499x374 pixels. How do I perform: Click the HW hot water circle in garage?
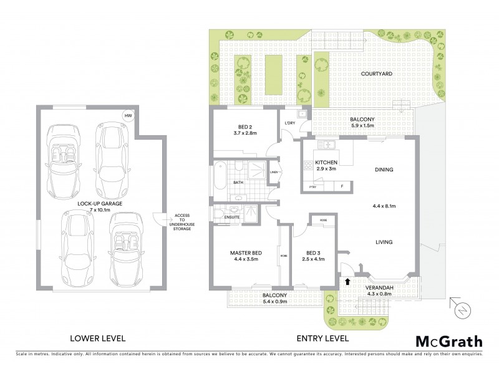pos(128,116)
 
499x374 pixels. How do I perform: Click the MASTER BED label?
pos(245,252)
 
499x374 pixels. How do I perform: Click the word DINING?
pos(384,168)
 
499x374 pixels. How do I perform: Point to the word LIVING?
pos(384,241)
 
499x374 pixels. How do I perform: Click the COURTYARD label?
pos(376,74)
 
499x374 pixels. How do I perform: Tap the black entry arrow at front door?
pos(347,281)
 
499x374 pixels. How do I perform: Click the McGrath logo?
pos(448,341)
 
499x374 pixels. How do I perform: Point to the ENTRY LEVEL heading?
pos(322,338)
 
